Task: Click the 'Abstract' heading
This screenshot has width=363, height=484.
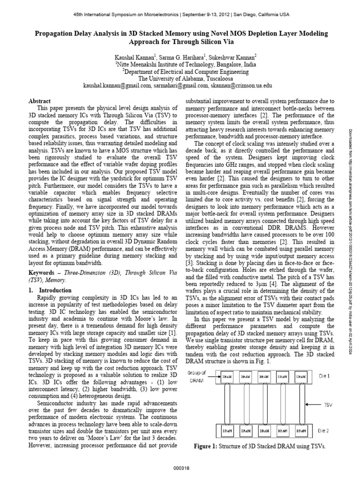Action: (40, 101)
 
